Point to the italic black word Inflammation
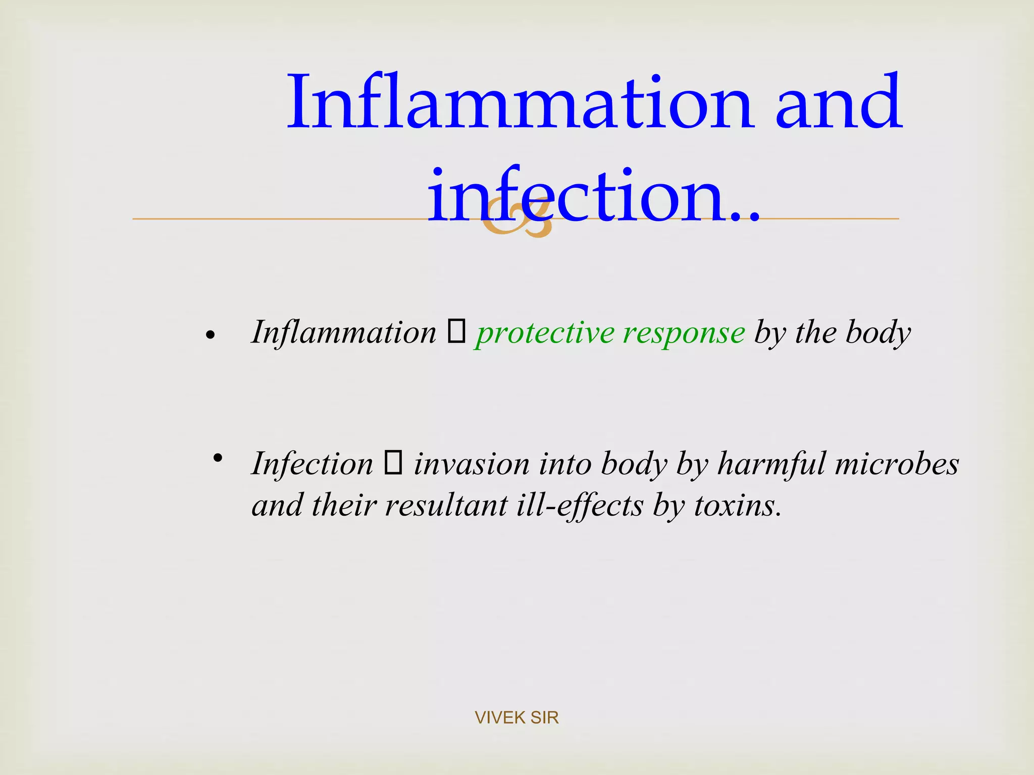coord(344,333)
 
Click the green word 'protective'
coord(545,333)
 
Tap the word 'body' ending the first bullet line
coord(878,333)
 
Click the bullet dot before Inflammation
coord(211,335)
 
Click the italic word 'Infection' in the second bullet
coord(312,464)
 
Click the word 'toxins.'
coord(738,505)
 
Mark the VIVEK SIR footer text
coord(516,717)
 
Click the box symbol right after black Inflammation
coord(456,333)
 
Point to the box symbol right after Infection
coord(393,463)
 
